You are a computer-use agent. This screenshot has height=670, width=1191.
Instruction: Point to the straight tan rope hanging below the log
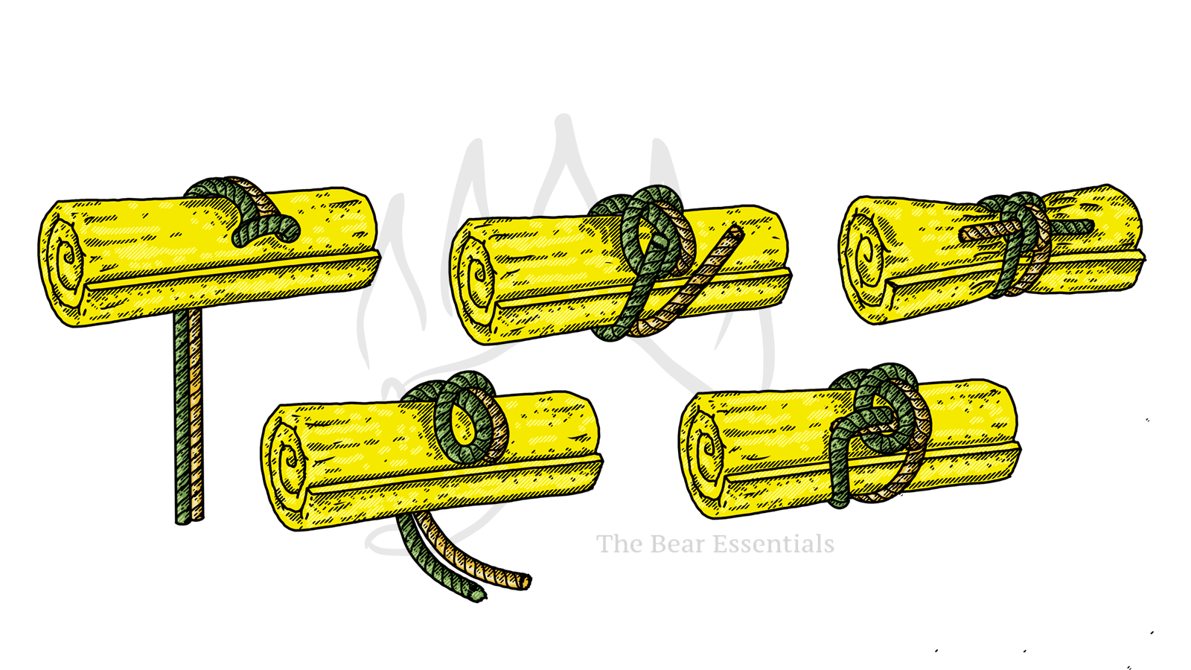(x=197, y=414)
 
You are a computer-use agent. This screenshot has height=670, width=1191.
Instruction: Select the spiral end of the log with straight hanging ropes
(x=64, y=261)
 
